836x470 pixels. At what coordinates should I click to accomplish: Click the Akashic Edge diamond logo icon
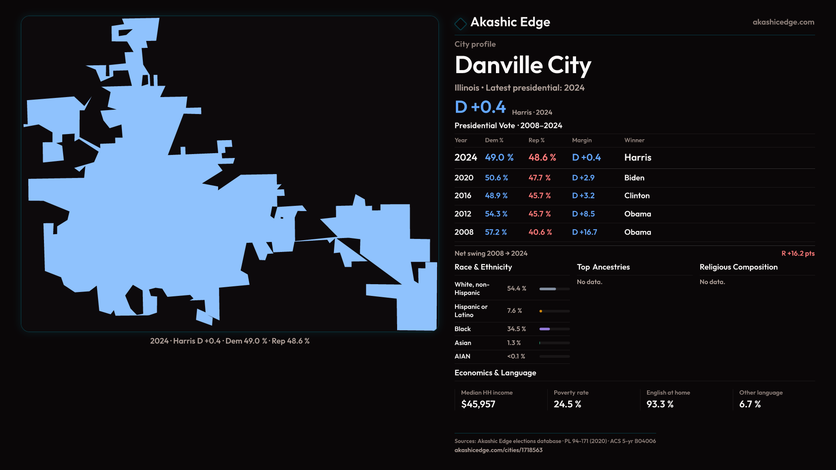tap(460, 23)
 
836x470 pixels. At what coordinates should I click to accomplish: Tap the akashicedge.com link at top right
tap(783, 22)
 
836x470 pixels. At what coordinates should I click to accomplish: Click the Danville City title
tap(522, 65)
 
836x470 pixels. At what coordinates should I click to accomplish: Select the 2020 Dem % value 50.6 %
tap(496, 178)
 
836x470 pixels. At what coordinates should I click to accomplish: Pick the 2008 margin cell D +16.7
tap(584, 232)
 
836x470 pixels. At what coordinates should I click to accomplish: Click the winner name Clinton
tap(637, 196)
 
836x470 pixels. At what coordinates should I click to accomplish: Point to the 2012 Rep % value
tap(539, 214)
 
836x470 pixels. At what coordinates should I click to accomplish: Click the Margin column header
tap(582, 140)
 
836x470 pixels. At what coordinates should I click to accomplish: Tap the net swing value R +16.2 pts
tap(798, 253)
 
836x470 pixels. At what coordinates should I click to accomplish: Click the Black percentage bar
tap(554, 329)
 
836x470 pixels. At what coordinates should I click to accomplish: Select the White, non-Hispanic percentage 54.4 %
tap(516, 289)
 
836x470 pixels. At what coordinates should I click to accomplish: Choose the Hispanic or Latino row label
tap(471, 311)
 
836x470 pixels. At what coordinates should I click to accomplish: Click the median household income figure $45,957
tap(478, 404)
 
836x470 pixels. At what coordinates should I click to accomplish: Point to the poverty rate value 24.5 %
tap(567, 404)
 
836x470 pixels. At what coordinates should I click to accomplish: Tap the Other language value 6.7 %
tap(750, 404)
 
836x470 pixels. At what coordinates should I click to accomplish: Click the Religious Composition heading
tap(738, 267)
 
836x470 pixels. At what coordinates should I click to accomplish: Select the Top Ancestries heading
tap(603, 267)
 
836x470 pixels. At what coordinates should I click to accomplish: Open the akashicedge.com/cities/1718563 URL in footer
tap(498, 450)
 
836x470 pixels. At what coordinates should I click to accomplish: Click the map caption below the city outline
tap(230, 341)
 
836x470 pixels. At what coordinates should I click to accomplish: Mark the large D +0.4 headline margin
tap(480, 107)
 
